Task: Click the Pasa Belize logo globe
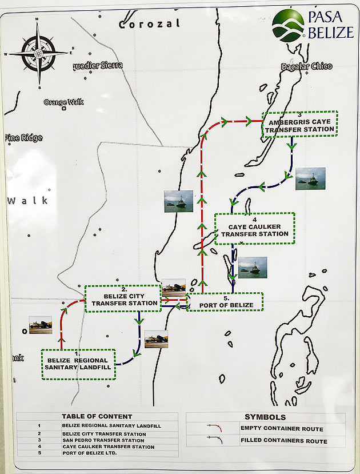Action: click(x=288, y=25)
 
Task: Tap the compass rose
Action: click(x=38, y=53)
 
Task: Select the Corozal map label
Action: click(x=149, y=24)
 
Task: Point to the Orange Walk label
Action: click(x=63, y=102)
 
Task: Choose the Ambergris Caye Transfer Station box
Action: click(x=300, y=124)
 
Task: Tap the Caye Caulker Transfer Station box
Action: click(x=255, y=228)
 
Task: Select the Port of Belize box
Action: click(x=225, y=302)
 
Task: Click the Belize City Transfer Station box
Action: click(x=123, y=298)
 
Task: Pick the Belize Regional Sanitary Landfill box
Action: click(x=79, y=364)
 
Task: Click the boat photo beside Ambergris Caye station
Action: click(x=310, y=179)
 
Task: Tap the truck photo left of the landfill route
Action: click(x=41, y=325)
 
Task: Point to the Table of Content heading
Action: click(x=97, y=417)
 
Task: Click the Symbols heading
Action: click(x=265, y=417)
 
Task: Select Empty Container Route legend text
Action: click(x=282, y=429)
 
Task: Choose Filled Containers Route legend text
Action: click(x=284, y=441)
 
